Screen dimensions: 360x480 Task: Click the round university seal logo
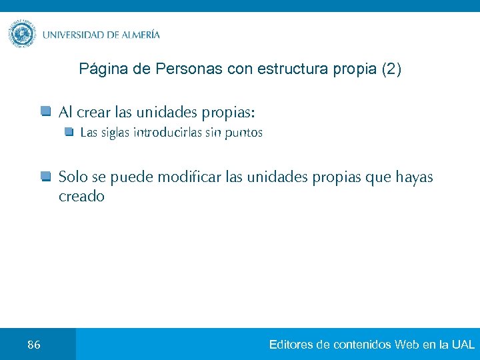point(23,34)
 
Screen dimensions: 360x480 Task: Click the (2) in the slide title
point(391,69)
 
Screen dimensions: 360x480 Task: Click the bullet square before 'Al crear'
point(45,110)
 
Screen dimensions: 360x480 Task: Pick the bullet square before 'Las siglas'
point(69,132)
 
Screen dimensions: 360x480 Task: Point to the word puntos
point(243,133)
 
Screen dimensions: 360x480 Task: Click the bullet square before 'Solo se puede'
point(45,177)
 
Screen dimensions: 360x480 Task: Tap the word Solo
point(73,177)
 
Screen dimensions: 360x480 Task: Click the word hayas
point(414,177)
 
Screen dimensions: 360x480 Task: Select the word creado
point(81,197)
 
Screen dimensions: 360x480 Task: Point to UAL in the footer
point(463,345)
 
